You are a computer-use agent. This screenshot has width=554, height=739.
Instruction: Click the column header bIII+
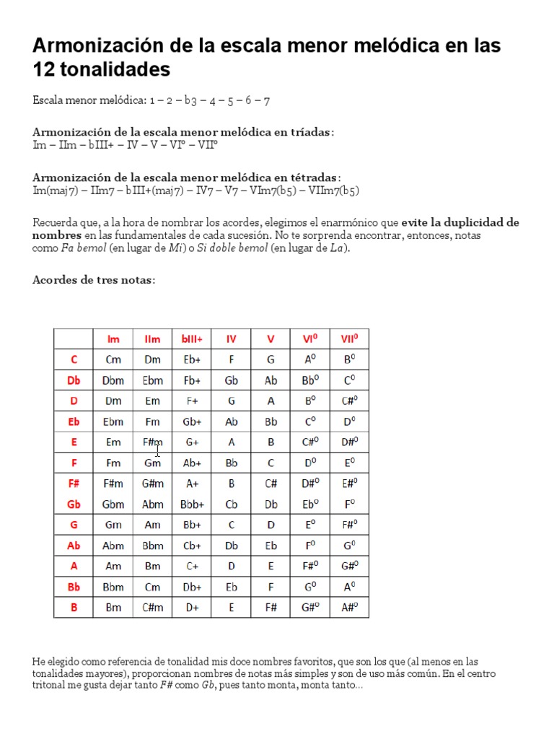coord(192,338)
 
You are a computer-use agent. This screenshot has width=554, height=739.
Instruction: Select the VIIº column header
coord(349,338)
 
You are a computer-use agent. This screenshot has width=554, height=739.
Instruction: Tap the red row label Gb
coord(74,504)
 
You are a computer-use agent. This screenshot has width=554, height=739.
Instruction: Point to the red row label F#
coord(74,484)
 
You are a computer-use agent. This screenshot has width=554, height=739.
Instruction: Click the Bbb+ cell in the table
coord(192,504)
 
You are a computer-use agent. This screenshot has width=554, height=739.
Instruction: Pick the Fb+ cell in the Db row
coord(192,380)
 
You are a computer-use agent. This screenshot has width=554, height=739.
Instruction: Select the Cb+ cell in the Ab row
coord(192,546)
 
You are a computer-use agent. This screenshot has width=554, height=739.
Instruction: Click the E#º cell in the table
coord(349,484)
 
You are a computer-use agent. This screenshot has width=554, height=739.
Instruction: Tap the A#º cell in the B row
coord(349,608)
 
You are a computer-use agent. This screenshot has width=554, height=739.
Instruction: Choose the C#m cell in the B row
coord(153,608)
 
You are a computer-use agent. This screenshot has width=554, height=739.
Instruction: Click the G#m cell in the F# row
coord(153,484)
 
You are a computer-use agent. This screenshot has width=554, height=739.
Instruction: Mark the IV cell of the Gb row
coord(232,504)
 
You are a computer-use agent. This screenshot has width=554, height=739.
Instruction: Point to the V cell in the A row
coord(271,567)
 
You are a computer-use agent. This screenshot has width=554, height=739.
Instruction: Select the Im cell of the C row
coord(113,359)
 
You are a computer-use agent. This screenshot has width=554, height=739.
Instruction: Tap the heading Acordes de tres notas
coord(94,280)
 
